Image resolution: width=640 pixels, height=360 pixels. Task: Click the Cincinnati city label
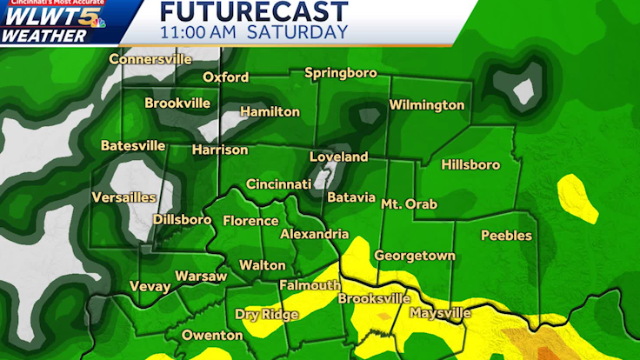(278, 184)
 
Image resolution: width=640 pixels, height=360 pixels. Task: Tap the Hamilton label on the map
(270, 112)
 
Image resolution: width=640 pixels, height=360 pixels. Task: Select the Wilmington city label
(426, 105)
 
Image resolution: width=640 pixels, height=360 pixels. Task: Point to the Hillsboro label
(470, 164)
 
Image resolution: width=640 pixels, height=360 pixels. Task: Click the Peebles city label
(506, 236)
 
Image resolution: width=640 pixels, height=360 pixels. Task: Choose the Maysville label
(440, 313)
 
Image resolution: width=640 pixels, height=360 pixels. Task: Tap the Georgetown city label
(415, 256)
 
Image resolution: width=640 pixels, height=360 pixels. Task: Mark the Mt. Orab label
(409, 203)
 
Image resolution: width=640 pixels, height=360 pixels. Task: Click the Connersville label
(150, 60)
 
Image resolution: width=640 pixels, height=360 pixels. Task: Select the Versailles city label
(124, 197)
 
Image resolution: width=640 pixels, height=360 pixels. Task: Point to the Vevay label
(150, 286)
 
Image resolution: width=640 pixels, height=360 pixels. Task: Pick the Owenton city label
(212, 335)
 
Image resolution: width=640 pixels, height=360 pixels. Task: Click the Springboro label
(341, 73)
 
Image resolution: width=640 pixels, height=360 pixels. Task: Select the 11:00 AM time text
(198, 32)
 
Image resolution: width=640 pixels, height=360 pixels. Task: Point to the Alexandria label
(314, 235)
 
